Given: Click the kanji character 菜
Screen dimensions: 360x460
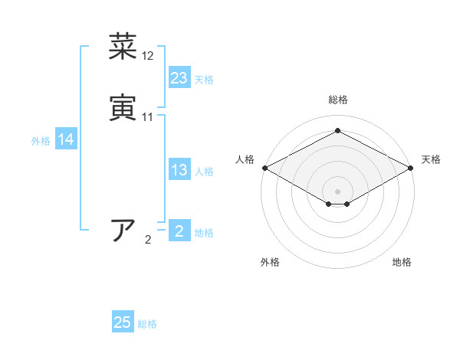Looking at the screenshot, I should point(123,47).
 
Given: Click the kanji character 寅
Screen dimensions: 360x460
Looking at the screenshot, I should point(123,107).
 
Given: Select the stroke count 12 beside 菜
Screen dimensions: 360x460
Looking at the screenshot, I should point(148,56).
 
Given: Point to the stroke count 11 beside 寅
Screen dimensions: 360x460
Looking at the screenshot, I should point(148,116).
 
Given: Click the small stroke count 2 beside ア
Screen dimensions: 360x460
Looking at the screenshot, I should point(148,240).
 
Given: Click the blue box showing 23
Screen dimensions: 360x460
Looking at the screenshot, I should point(179,78).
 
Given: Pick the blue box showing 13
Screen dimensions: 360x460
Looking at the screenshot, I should point(179,170).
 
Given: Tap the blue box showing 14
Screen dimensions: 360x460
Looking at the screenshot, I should point(66,139).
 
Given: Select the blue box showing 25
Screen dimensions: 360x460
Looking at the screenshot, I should point(123,322).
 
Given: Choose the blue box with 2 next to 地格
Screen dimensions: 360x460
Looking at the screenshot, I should point(179,231).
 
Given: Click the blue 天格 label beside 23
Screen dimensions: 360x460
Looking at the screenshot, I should point(204,79).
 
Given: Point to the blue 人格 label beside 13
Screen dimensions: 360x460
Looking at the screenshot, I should point(204,171).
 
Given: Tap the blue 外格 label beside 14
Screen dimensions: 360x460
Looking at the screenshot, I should point(41,140).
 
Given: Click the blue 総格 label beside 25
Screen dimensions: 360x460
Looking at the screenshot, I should point(147,323).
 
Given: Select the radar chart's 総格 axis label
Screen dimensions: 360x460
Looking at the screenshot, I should point(338,100).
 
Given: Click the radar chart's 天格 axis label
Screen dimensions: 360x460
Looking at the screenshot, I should point(431,159).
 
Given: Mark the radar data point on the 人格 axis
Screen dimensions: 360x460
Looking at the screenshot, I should point(264,168).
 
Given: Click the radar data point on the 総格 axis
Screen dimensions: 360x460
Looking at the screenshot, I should point(338,131).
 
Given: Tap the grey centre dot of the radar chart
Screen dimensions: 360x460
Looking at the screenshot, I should point(338,191).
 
